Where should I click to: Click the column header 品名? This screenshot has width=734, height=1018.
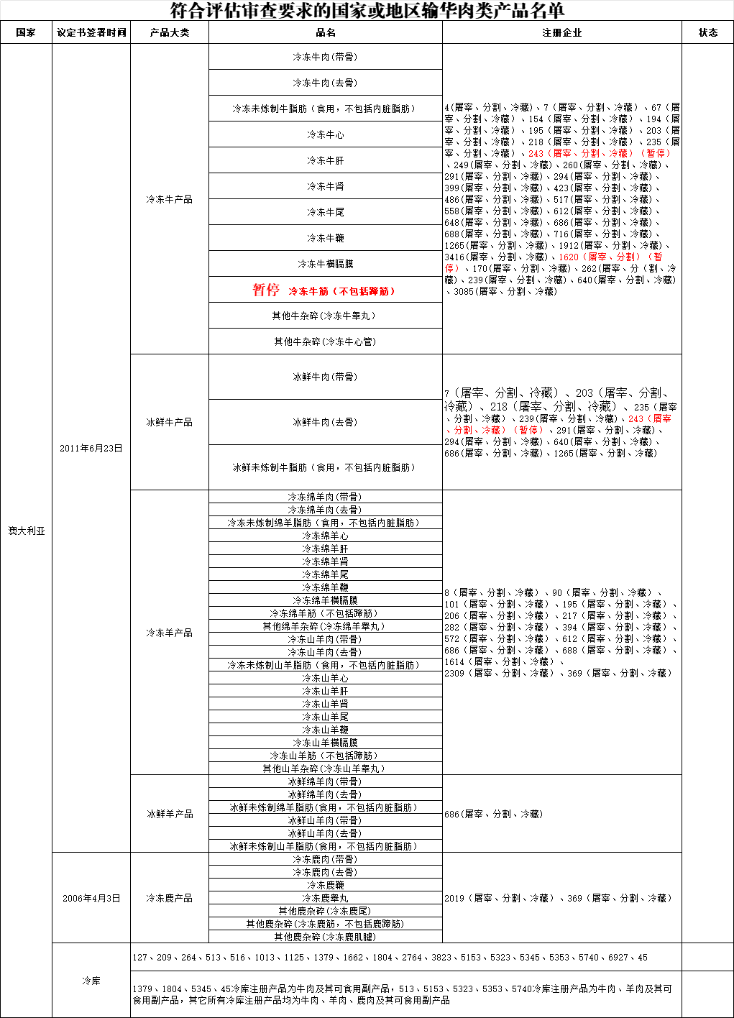[x=325, y=32]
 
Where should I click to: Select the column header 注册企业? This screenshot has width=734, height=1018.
[x=561, y=32]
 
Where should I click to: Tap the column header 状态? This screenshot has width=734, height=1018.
[x=707, y=32]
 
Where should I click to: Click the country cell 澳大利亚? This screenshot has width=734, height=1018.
[x=27, y=531]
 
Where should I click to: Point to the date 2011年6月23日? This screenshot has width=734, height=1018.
[x=91, y=448]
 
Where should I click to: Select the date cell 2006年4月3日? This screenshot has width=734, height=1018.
[x=91, y=898]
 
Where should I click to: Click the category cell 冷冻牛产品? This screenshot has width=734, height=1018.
[x=170, y=199]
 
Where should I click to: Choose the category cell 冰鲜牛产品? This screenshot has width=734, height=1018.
[x=170, y=422]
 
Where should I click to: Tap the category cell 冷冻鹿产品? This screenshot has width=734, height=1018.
[x=170, y=898]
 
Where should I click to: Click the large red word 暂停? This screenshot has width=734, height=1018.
[x=265, y=290]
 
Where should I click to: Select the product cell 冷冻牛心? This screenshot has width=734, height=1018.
[x=325, y=134]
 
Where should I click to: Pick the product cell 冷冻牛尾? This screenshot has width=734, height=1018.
[x=325, y=212]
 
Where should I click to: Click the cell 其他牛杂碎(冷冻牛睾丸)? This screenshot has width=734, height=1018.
[x=325, y=316]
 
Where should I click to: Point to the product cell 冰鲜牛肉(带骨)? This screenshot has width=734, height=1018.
[x=325, y=377]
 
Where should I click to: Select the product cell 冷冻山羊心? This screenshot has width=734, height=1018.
[x=325, y=678]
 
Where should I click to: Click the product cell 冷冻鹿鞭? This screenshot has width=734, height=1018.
[x=325, y=885]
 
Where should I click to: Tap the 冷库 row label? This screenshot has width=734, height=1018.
[x=91, y=981]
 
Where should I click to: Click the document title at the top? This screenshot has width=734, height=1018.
[x=367, y=11]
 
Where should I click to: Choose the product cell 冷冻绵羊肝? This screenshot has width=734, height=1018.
[x=325, y=549]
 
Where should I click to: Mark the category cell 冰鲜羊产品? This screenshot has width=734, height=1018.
[x=170, y=814]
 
